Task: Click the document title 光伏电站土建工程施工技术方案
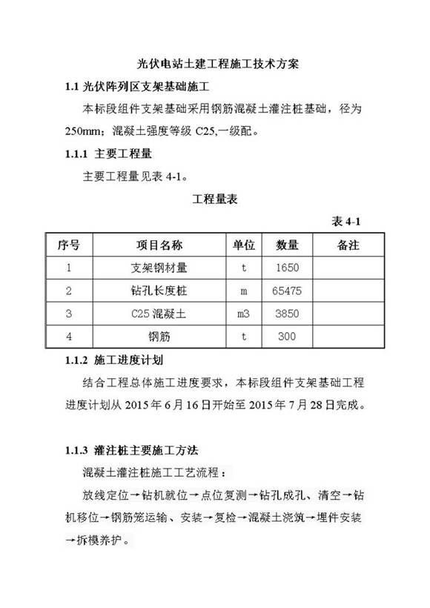pos(214,65)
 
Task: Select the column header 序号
pos(68,245)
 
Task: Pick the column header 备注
pos(348,245)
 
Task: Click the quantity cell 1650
pos(286,268)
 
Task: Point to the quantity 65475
pos(286,291)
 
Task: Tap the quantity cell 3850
pos(286,314)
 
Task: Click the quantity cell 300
pos(286,337)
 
